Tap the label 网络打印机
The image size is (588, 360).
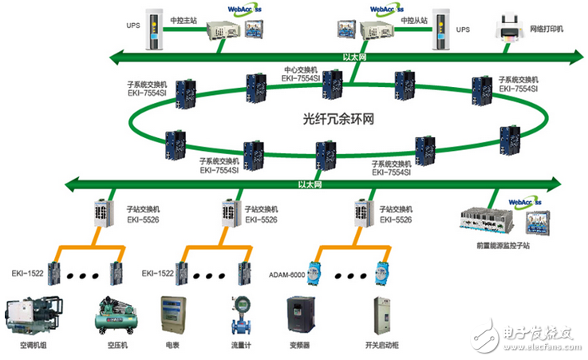tap(548, 29)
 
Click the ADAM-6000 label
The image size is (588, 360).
tap(298, 273)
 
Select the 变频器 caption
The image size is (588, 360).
tap(302, 347)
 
